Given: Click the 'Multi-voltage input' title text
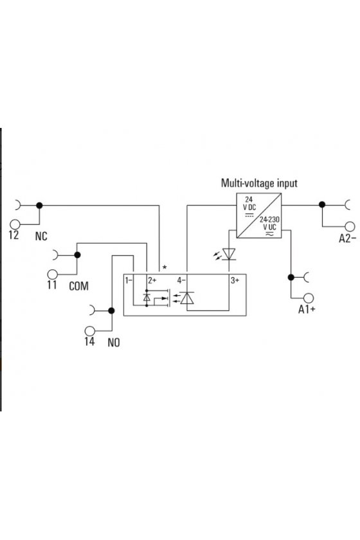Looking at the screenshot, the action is click(x=259, y=183).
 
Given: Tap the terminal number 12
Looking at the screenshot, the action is click(x=14, y=235).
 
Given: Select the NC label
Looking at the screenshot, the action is click(x=41, y=237).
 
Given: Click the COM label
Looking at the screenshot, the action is click(x=79, y=286).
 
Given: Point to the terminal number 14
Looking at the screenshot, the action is click(x=89, y=341).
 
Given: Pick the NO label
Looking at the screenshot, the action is click(x=114, y=342).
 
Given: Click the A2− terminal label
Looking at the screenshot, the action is click(x=347, y=238).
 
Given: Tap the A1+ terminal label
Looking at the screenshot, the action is click(x=307, y=309).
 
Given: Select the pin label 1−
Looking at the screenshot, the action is click(x=129, y=280).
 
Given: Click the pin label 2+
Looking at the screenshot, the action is click(x=152, y=280).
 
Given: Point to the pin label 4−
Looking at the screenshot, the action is click(x=181, y=280).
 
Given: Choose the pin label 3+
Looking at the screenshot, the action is click(x=235, y=280).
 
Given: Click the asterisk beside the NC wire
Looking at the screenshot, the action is click(x=165, y=267).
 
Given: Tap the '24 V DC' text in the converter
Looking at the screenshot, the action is click(x=249, y=204).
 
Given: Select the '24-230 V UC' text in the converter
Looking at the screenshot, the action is click(x=269, y=223).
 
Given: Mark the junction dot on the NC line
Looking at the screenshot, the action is click(x=40, y=205).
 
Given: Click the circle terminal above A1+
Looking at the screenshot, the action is click(x=309, y=298).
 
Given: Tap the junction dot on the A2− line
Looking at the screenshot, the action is click(x=322, y=204).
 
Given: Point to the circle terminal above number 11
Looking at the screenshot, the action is click(x=53, y=274).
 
